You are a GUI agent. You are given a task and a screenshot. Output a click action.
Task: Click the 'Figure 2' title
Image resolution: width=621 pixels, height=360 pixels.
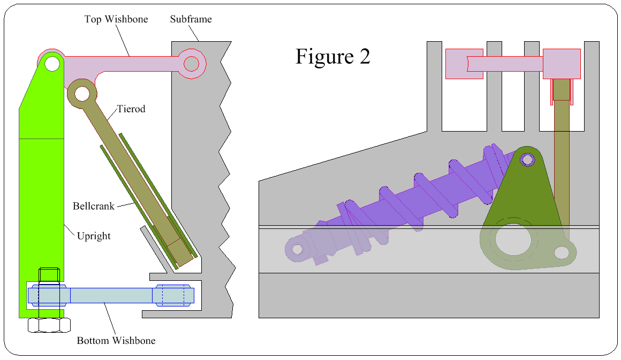tap(332, 57)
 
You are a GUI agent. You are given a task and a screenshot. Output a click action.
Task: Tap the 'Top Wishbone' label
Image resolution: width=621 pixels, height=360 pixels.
tap(116, 19)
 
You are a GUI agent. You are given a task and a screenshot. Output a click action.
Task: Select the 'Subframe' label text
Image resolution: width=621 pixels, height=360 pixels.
tap(191, 19)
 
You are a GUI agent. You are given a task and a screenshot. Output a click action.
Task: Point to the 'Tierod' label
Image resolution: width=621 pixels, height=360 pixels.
tap(131, 109)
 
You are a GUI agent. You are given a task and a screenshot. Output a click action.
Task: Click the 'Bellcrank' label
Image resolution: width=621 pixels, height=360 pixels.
tap(94, 206)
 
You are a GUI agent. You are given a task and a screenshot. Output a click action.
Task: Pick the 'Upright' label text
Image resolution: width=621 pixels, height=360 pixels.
tap(94, 236)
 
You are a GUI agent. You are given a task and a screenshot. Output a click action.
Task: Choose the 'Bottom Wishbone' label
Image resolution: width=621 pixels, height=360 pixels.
tap(116, 341)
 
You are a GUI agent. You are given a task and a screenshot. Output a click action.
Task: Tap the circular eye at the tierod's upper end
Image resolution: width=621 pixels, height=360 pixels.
tap(82, 94)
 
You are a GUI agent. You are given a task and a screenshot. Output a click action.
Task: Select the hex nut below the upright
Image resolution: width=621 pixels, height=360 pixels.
tap(48, 325)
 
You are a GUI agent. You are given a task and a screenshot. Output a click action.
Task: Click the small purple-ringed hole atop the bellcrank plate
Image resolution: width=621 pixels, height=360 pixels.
tap(527, 159)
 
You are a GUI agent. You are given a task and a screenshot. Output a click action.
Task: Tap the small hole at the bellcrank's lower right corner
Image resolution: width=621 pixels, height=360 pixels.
tap(561, 251)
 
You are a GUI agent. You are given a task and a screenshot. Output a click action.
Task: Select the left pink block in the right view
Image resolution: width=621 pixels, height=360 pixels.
tap(464, 64)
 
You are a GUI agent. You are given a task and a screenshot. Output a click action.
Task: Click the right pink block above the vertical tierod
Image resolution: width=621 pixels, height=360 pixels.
tap(562, 64)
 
